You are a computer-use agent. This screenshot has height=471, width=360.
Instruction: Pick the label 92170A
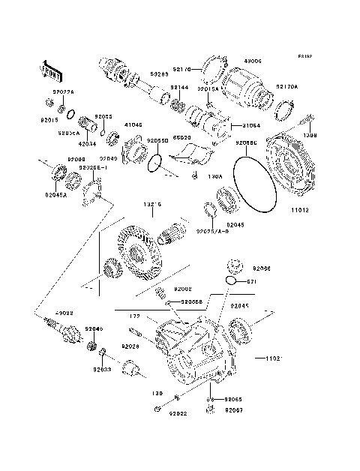(286, 87)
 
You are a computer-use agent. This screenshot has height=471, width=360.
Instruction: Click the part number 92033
(103, 370)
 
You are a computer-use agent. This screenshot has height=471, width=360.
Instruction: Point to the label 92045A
(56, 195)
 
